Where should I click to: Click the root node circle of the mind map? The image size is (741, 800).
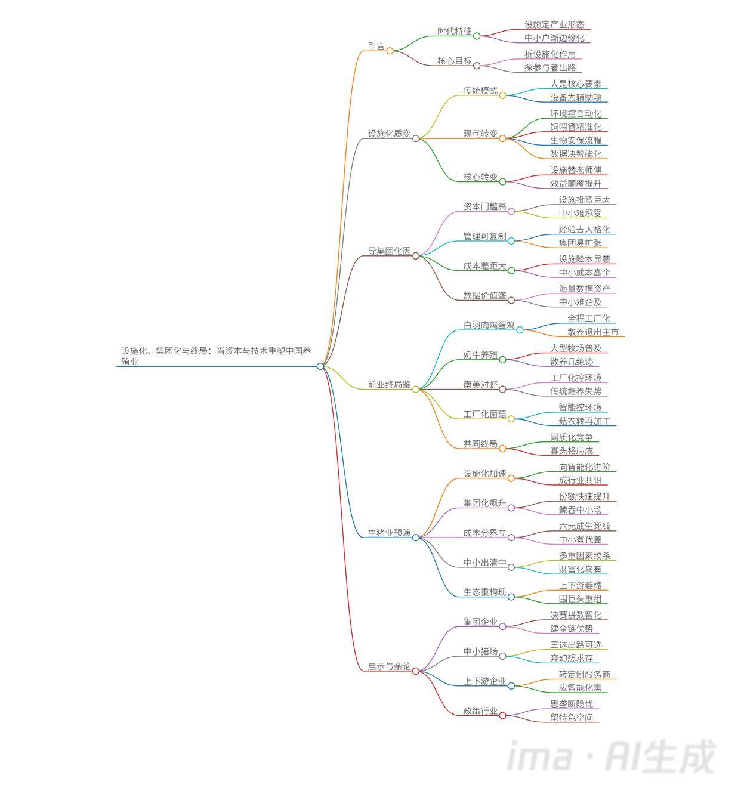click(320, 366)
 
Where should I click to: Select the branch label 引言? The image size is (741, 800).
click(376, 46)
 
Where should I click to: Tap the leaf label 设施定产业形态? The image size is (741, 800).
click(554, 24)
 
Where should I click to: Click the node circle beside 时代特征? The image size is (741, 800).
click(477, 36)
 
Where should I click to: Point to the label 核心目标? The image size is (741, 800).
click(455, 61)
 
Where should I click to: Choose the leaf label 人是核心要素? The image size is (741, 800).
click(576, 84)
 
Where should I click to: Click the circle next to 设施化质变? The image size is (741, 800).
click(416, 138)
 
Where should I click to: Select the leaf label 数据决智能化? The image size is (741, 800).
click(576, 154)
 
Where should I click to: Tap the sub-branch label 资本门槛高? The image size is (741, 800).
click(484, 206)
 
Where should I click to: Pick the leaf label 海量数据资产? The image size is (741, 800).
click(584, 289)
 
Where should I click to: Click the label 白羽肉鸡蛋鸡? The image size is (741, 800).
click(489, 325)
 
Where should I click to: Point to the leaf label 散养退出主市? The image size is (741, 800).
click(593, 332)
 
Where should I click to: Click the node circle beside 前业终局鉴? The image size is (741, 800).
click(416, 390)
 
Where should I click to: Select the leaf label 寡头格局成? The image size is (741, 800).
click(572, 451)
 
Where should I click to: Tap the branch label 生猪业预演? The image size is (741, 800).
click(389, 533)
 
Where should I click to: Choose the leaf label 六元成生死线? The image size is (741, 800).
click(584, 526)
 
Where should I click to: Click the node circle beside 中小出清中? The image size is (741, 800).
click(511, 567)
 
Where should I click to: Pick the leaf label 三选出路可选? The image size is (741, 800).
click(576, 645)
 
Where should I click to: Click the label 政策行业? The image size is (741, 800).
click(480, 711)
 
